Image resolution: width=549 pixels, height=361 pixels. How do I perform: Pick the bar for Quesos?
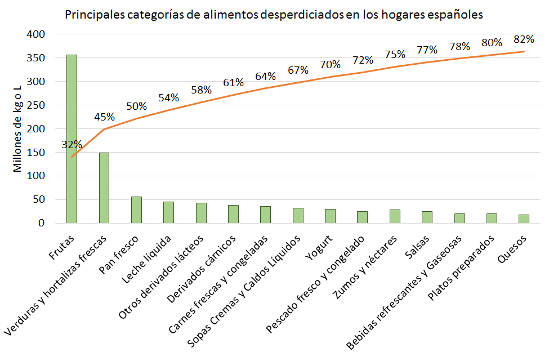(x=524, y=219)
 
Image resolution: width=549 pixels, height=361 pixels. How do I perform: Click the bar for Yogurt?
(x=330, y=216)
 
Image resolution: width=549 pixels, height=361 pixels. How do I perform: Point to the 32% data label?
(x=72, y=145)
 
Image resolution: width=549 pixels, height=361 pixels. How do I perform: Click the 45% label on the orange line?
(x=104, y=117)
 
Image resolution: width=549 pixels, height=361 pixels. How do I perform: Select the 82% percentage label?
(x=524, y=39)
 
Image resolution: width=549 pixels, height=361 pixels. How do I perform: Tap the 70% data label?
(x=330, y=65)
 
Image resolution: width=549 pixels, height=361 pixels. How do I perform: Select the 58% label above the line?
(x=201, y=90)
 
